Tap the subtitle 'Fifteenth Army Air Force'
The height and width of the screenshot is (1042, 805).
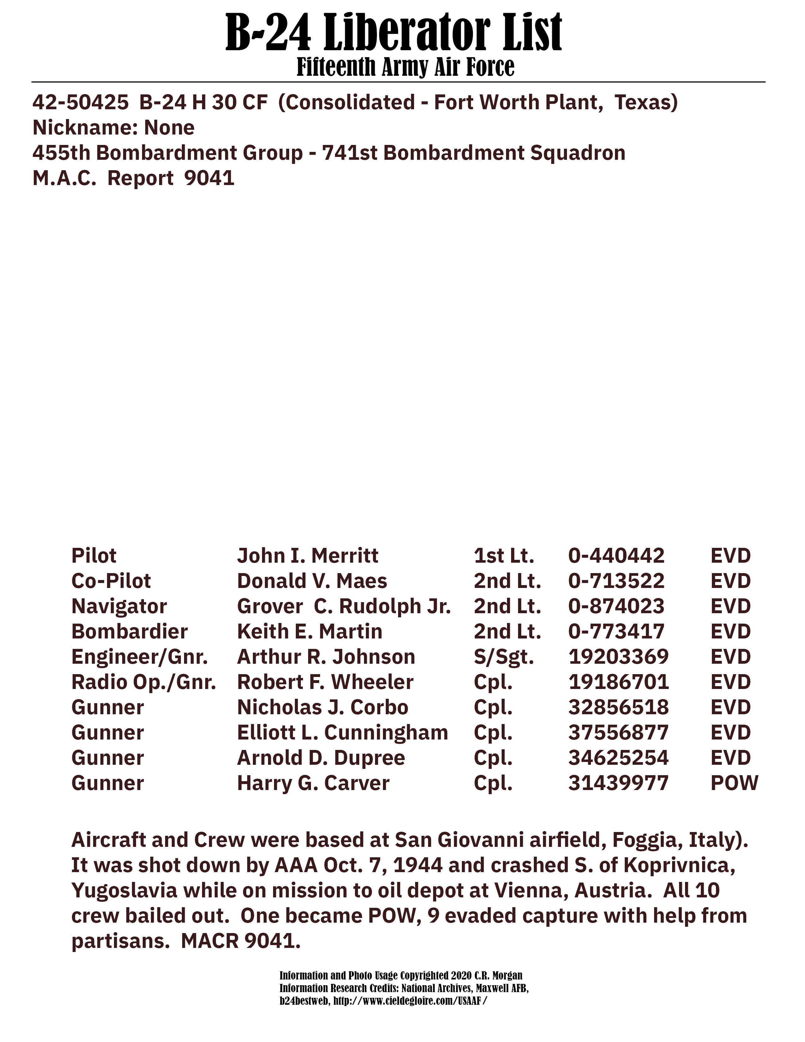tap(405, 67)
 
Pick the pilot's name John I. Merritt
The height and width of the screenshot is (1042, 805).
tap(307, 556)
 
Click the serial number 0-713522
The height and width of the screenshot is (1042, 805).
tap(616, 581)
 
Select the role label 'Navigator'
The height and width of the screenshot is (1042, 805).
tap(119, 606)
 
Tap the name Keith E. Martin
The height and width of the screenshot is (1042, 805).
tap(309, 632)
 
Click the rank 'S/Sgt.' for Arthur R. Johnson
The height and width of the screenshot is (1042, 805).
tap(504, 657)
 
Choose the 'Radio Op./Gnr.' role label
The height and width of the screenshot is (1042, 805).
tap(144, 682)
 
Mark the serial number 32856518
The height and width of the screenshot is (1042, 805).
tap(618, 708)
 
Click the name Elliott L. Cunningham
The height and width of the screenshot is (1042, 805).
tap(343, 733)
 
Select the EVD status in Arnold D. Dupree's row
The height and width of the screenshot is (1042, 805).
tap(730, 758)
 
